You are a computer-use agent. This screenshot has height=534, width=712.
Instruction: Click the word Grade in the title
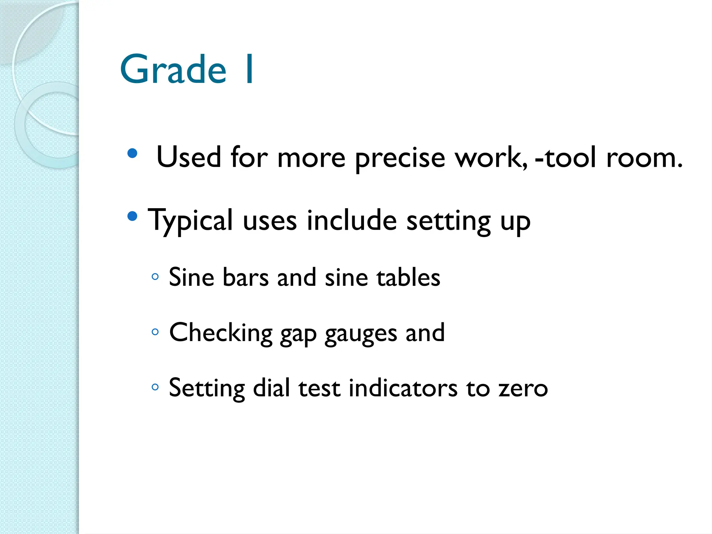[x=173, y=70]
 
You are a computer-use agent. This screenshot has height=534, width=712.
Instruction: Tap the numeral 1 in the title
[x=249, y=70]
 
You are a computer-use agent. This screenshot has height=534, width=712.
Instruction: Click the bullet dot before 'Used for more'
[x=132, y=153]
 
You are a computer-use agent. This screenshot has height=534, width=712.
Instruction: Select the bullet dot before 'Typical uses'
[x=132, y=216]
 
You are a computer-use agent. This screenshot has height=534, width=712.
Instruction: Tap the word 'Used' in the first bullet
[x=189, y=157]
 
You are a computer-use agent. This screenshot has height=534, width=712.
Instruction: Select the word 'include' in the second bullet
[x=351, y=220]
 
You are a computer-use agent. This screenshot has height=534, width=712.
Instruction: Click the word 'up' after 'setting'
[x=515, y=222]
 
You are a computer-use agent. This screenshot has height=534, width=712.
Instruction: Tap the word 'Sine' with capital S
[x=191, y=277]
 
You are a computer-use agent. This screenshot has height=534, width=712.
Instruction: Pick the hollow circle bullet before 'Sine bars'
[x=155, y=277]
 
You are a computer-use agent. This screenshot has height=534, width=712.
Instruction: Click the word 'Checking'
[x=221, y=333]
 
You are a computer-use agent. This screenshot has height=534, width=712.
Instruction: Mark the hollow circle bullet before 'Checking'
[x=155, y=332]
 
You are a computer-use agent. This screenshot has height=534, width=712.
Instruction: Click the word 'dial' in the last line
[x=271, y=388]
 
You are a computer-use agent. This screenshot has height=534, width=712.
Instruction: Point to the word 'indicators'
[x=403, y=388]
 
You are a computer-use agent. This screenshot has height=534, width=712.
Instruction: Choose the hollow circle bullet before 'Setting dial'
[x=155, y=387]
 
